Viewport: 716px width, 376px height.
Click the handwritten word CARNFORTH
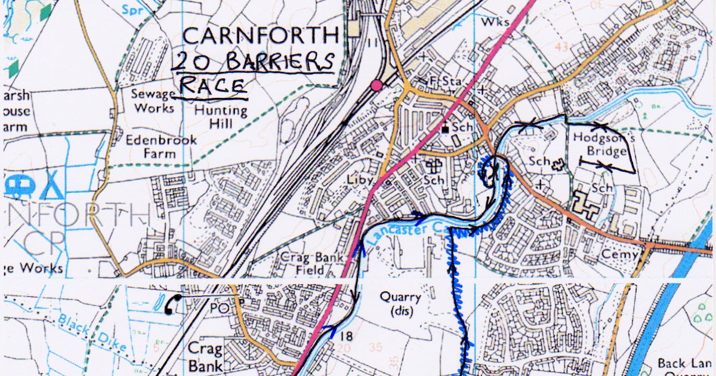(x=261, y=35)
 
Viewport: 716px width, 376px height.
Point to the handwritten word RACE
(x=212, y=87)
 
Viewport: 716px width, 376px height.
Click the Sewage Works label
(x=154, y=101)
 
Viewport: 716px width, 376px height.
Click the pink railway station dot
(x=376, y=86)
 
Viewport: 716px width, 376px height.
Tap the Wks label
(x=497, y=21)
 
